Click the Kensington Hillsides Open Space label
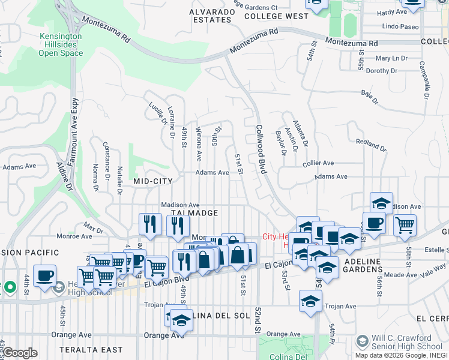[61, 44]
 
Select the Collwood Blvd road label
[261, 149]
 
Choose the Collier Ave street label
[319, 163]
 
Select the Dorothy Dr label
[382, 71]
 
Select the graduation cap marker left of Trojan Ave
[310, 302]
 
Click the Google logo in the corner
[20, 353]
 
